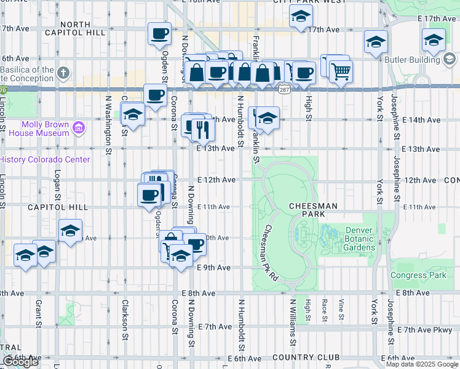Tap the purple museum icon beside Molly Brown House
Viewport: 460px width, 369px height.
(x=78, y=128)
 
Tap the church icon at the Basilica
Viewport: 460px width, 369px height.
(x=63, y=74)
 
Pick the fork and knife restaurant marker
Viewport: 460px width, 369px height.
(x=200, y=129)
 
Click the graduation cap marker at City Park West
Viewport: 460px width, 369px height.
(x=300, y=17)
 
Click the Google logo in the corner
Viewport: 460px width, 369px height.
(x=20, y=362)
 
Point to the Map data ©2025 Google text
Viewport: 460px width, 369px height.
(x=422, y=364)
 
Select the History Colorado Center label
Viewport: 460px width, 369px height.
(x=44, y=159)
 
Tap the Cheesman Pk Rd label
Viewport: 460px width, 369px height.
(x=271, y=253)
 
